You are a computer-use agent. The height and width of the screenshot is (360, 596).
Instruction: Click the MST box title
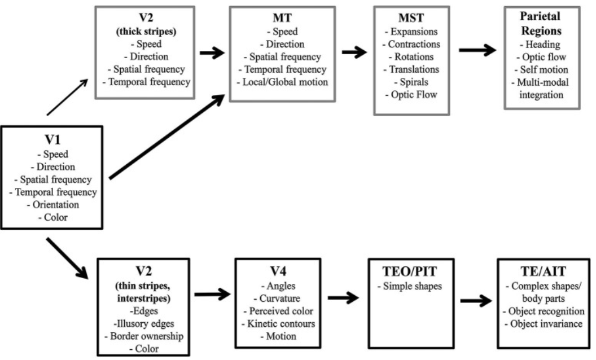click(411, 18)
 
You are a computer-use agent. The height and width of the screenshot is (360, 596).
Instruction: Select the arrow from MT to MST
click(354, 52)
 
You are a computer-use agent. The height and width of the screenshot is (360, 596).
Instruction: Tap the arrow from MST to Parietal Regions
click(477, 50)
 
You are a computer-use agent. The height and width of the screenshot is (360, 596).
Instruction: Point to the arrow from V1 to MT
click(167, 137)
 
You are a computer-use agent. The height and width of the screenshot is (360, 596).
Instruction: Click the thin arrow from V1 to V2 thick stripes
click(67, 97)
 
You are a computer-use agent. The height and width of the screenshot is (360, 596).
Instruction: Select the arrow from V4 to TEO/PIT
click(343, 297)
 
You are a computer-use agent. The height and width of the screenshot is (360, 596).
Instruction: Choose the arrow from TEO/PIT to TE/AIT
click(476, 301)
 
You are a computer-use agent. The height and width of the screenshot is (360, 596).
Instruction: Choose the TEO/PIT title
click(410, 271)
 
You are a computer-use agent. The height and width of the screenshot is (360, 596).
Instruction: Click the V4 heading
click(278, 271)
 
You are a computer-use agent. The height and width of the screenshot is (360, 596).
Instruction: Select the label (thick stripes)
click(146, 32)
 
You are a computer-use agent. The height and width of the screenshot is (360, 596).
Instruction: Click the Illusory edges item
click(144, 324)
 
